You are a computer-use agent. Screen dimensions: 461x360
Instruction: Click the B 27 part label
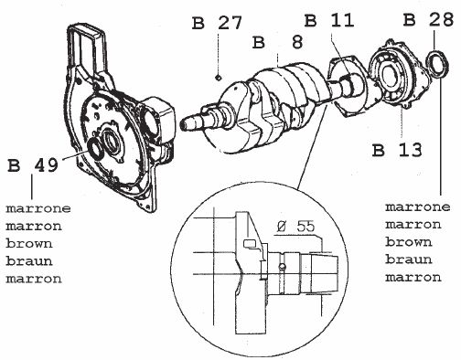[217, 23]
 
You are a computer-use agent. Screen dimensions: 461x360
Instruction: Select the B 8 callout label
[277, 42]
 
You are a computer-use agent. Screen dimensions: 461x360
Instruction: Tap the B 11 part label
[329, 21]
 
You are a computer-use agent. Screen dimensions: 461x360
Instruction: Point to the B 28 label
[428, 20]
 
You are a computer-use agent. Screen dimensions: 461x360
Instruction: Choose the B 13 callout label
[397, 150]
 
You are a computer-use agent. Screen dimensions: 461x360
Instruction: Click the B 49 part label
[33, 165]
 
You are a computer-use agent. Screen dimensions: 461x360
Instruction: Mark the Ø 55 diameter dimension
[295, 227]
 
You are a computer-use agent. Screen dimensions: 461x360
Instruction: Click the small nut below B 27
[218, 78]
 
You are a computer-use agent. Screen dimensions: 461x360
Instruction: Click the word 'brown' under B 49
[29, 244]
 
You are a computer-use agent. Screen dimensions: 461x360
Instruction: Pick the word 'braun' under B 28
[409, 259]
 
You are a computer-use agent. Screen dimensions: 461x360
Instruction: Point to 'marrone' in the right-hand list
[417, 207]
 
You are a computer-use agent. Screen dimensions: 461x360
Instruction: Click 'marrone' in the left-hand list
[38, 208]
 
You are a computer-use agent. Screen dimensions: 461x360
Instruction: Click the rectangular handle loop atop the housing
[86, 48]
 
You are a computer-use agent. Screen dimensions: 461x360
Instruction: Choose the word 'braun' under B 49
[29, 261]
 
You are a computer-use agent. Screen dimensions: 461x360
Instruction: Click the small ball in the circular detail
[284, 267]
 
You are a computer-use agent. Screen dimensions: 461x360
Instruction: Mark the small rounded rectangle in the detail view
[249, 244]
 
